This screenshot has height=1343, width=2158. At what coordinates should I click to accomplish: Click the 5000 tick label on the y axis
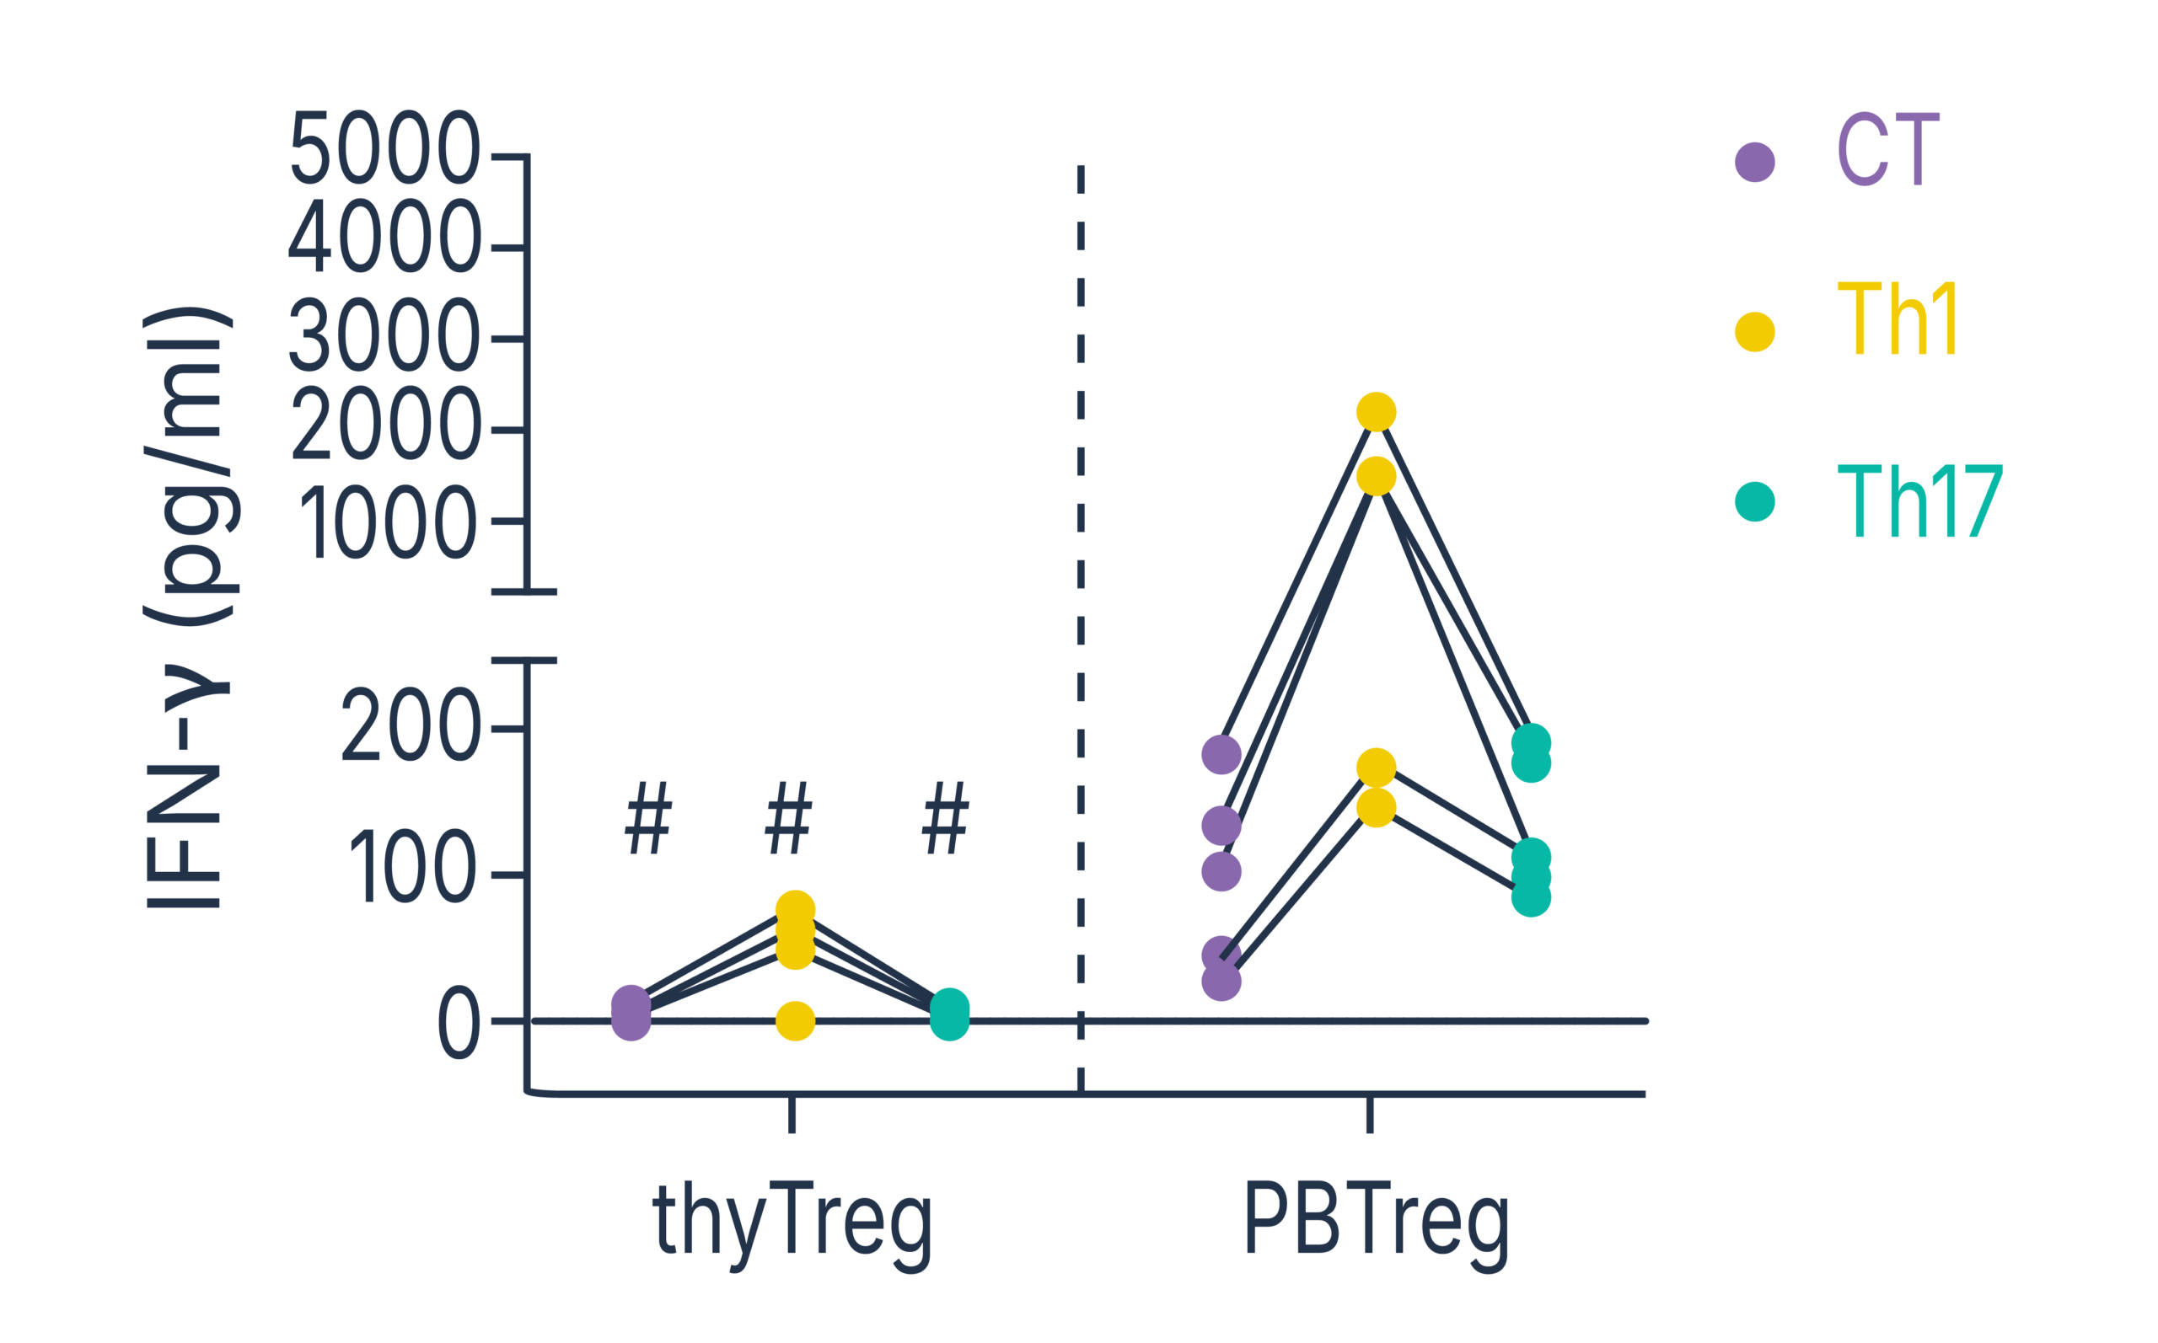click(384, 148)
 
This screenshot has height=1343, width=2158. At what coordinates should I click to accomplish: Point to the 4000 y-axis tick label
click(384, 239)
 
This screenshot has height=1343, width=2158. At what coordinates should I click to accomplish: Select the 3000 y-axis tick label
click(384, 338)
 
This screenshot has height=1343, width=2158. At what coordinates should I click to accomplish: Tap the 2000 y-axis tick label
click(384, 427)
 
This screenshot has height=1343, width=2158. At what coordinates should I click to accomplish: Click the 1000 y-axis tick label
click(389, 524)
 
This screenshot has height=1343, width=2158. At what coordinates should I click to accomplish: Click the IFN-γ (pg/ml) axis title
click(188, 607)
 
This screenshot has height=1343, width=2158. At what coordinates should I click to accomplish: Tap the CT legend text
click(1887, 151)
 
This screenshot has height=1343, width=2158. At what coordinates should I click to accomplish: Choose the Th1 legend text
click(1897, 322)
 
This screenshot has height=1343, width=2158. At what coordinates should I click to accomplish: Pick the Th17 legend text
click(1919, 502)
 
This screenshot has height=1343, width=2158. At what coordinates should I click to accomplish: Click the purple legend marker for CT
click(1755, 162)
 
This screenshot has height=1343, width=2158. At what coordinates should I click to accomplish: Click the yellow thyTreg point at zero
click(795, 1020)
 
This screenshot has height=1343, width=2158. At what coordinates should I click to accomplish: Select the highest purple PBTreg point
click(1221, 754)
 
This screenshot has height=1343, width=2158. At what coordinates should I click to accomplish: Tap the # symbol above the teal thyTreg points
click(944, 818)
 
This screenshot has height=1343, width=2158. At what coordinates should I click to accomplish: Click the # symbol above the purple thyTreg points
click(647, 818)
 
